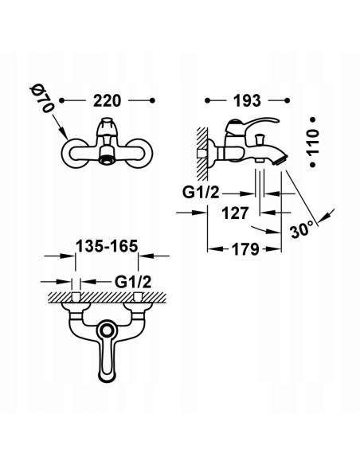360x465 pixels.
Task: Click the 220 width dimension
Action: (x=108, y=102)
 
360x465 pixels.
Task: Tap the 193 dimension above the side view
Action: (x=246, y=102)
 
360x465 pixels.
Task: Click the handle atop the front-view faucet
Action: (x=108, y=127)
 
